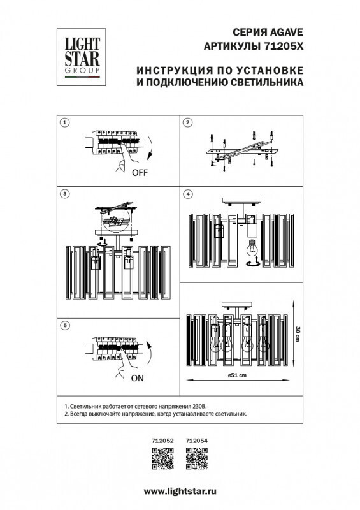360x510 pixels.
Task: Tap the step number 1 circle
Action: (x=64, y=122)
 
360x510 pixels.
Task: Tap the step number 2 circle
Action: (x=187, y=122)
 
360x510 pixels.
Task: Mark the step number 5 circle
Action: (x=64, y=326)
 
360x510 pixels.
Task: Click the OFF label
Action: (x=141, y=173)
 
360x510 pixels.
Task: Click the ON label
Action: (x=138, y=377)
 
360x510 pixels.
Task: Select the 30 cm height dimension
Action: (x=297, y=334)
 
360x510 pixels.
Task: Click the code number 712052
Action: (x=162, y=440)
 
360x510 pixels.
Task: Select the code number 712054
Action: (x=196, y=440)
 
